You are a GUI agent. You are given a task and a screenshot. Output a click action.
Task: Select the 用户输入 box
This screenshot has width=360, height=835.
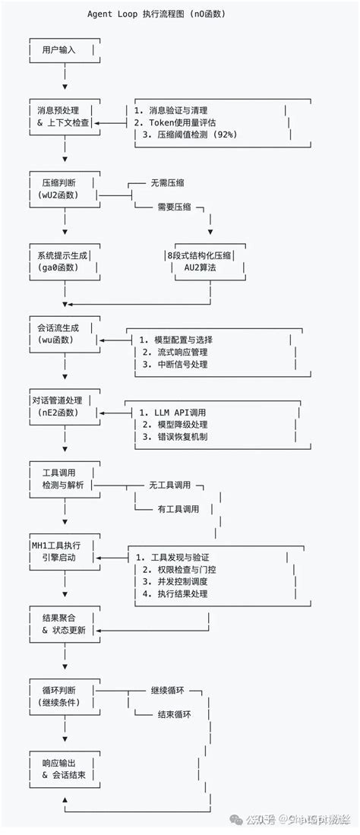[64, 50]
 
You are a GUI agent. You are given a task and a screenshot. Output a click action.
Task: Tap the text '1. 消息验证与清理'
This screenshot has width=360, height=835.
[170, 110]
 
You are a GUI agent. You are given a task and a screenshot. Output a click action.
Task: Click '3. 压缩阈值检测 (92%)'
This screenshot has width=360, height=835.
[190, 134]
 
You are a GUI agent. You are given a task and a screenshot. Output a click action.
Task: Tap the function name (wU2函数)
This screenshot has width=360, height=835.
[64, 195]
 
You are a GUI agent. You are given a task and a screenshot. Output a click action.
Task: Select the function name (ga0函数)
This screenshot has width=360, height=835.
[64, 268]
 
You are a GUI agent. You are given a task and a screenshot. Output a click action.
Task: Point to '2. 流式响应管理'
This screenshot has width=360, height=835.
[175, 353]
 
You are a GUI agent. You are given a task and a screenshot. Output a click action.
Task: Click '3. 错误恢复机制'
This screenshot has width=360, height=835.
[175, 437]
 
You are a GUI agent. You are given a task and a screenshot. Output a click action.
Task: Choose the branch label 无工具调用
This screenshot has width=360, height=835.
[169, 485]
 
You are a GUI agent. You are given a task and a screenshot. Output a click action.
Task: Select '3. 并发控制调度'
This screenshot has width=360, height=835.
[175, 582]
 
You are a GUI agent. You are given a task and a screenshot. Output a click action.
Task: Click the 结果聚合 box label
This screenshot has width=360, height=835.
[64, 618]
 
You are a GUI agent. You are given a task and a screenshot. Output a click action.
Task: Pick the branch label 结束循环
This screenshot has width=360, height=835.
[174, 714]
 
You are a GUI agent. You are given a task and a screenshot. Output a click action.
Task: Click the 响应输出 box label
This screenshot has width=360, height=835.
[64, 762]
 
